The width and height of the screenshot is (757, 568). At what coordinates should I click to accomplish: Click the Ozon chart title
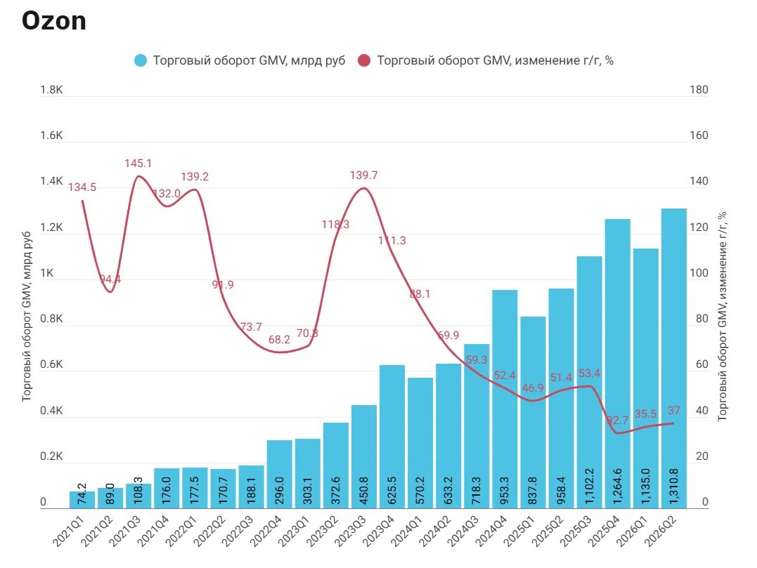[x=54, y=21]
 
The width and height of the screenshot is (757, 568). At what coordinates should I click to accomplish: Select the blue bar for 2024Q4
[x=505, y=399]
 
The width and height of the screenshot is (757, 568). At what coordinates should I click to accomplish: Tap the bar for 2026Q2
[x=673, y=358]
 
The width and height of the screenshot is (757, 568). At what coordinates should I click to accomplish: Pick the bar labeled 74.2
[x=82, y=499]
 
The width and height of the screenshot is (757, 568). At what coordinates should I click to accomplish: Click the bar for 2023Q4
[x=392, y=437]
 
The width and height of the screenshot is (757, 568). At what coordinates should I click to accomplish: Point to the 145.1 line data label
[x=138, y=164]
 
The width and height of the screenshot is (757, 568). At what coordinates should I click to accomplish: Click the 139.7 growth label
[x=363, y=176]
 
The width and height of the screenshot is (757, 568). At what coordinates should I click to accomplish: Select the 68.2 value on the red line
[x=279, y=339]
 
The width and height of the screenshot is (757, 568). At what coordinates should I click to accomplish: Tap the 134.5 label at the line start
[x=82, y=187]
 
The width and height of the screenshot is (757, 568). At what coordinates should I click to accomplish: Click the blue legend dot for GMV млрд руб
[x=141, y=61]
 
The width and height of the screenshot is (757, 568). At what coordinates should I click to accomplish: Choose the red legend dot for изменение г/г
[x=364, y=61]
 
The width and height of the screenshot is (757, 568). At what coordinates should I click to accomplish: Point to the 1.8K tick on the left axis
[x=51, y=90]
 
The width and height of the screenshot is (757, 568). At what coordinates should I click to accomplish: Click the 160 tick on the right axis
[x=699, y=136]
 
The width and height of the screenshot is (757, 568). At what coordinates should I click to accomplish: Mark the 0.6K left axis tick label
[x=51, y=364]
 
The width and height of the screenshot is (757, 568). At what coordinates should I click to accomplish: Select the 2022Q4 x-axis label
[x=266, y=531]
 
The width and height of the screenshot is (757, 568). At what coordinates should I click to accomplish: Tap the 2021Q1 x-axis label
[x=69, y=531]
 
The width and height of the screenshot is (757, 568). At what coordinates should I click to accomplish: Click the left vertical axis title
[x=26, y=317]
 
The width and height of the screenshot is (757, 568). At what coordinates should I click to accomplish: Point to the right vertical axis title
[x=722, y=317]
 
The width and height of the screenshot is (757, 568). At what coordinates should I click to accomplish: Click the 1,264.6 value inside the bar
[x=617, y=486]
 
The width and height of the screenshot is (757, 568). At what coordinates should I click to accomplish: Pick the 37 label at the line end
[x=673, y=410]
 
